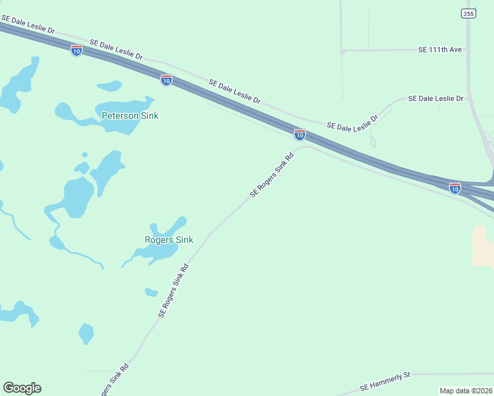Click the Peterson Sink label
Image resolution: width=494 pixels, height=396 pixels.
click(x=130, y=115)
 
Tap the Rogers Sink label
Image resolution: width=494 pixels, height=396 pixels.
click(x=169, y=240)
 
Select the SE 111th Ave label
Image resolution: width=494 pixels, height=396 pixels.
click(x=440, y=49)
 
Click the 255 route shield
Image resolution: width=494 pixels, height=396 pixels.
click(x=468, y=13)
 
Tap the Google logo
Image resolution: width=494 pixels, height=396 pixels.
click(x=22, y=388)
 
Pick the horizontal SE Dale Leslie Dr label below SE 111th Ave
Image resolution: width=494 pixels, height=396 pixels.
click(x=436, y=98)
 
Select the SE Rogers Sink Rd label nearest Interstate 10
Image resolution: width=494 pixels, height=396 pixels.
click(x=271, y=176)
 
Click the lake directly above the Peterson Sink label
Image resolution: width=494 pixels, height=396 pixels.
click(x=110, y=86)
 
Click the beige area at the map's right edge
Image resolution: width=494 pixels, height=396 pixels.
click(x=483, y=246)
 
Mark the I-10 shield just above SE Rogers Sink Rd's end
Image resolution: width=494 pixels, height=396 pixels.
click(x=300, y=135)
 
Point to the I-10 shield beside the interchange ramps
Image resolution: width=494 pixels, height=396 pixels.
click(x=455, y=188)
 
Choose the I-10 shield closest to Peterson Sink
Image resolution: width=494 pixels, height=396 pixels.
click(x=166, y=80)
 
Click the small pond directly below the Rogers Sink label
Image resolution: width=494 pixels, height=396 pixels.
click(x=152, y=292)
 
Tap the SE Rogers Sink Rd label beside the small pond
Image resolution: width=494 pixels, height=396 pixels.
click(x=174, y=291)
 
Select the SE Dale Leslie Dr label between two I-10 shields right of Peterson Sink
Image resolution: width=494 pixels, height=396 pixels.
click(x=234, y=91)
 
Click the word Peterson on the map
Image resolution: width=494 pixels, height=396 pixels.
click(x=120, y=115)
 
